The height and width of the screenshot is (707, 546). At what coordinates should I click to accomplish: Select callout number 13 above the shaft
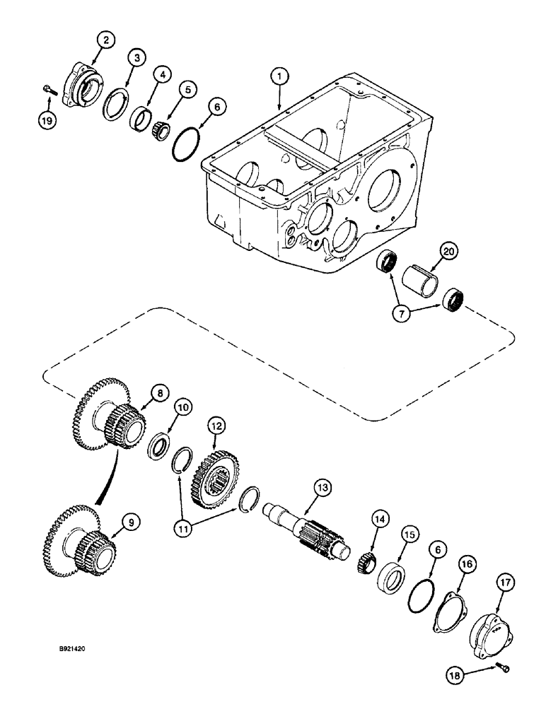point(323,487)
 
